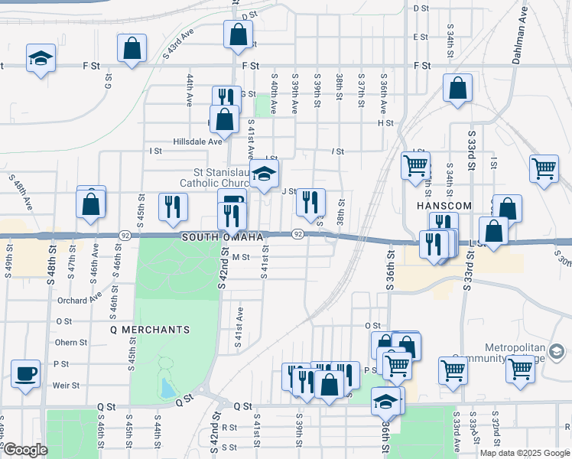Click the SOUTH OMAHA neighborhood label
click(228, 237)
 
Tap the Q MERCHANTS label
click(150, 330)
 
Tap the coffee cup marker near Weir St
click(27, 373)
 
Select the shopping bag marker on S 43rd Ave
click(132, 47)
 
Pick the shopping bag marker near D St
click(238, 34)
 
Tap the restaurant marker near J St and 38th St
click(310, 202)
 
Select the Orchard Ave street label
click(79, 301)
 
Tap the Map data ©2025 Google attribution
click(525, 452)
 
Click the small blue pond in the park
click(167, 389)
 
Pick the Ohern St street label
click(72, 342)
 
